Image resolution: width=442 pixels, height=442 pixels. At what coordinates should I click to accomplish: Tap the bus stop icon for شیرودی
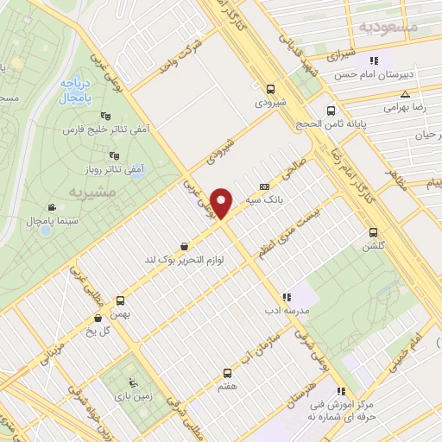(271, 88)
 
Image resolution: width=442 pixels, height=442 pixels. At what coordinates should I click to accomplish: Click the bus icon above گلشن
(373, 231)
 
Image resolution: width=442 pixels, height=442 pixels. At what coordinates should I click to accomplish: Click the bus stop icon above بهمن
(120, 301)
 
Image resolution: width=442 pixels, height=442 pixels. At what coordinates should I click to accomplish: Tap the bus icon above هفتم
(226, 373)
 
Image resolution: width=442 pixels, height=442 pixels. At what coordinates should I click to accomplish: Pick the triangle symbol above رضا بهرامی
(405, 93)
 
